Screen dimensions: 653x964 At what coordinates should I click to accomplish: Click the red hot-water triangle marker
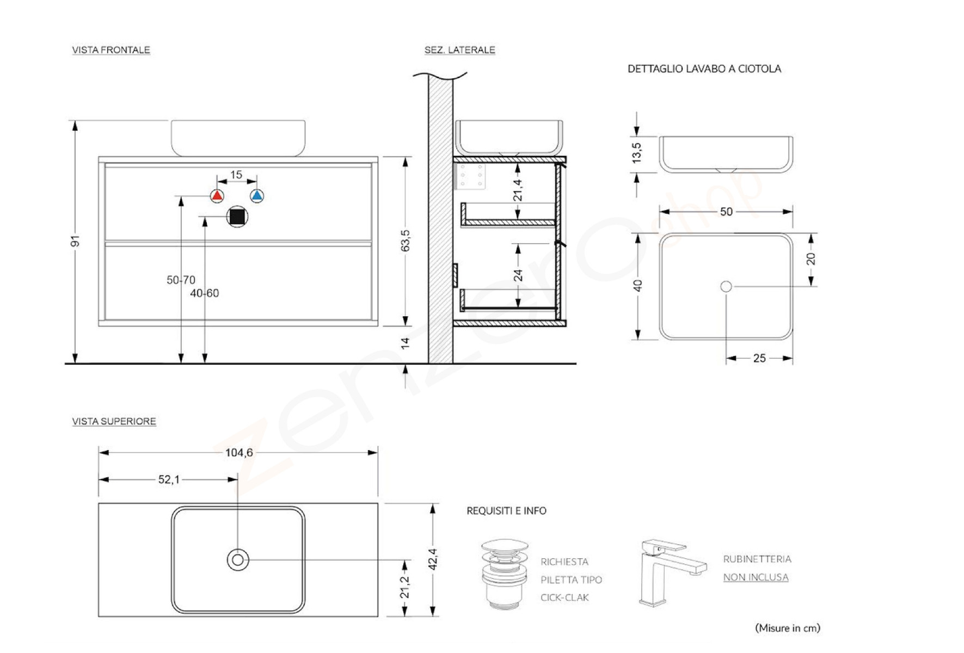[x=217, y=196]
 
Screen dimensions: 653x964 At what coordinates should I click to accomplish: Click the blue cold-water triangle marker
[x=257, y=196]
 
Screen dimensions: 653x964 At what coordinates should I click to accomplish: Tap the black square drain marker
[x=237, y=217]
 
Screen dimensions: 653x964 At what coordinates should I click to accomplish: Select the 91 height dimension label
[x=75, y=241]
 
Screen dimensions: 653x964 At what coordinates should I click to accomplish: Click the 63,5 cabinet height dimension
[x=405, y=241]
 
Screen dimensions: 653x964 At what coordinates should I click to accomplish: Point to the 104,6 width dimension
[x=239, y=453]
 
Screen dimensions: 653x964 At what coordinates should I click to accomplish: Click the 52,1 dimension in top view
[x=169, y=480]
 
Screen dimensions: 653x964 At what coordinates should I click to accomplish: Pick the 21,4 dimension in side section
[x=518, y=190]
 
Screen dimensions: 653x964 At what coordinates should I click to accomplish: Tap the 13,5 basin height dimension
[x=636, y=153]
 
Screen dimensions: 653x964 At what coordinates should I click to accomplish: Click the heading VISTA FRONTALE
[x=111, y=50]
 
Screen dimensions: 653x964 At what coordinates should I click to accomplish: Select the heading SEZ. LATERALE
[x=459, y=50]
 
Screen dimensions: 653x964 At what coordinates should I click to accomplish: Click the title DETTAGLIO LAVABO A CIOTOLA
[x=704, y=69]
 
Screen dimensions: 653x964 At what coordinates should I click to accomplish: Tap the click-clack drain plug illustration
[x=505, y=574]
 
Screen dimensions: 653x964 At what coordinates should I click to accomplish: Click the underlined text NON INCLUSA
[x=756, y=577]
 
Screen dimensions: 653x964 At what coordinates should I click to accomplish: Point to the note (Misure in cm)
[x=787, y=628]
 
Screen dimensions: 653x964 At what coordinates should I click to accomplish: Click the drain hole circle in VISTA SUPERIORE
[x=238, y=560]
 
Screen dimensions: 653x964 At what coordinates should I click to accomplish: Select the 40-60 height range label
[x=205, y=293]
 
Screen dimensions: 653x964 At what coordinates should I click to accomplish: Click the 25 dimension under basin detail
[x=759, y=358]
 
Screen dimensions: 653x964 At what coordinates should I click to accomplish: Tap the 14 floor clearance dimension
[x=405, y=343]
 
